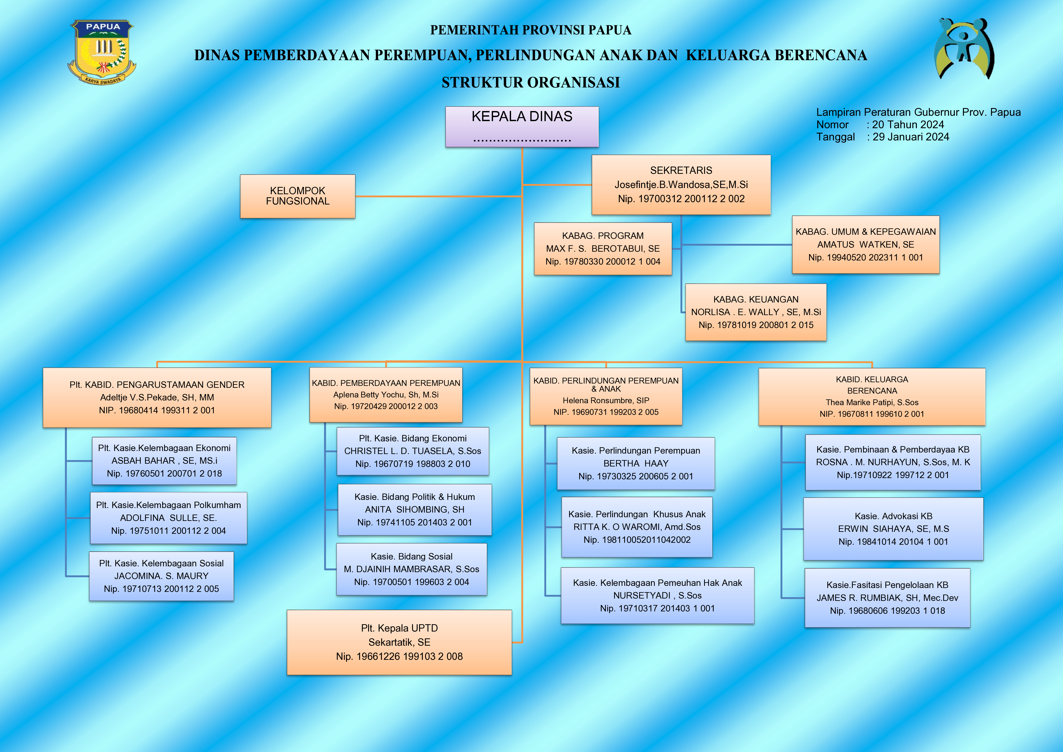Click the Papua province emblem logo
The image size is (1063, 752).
tap(102, 52)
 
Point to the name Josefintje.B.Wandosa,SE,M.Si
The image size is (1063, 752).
tap(681, 185)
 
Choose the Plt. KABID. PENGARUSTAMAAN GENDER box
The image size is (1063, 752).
tap(157, 397)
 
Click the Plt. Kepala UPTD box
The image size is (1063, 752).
tap(399, 642)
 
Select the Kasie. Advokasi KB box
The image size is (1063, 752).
tap(893, 529)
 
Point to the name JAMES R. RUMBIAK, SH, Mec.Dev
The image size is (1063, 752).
tap(887, 598)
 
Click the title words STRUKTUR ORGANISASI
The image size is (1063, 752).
tap(531, 82)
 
